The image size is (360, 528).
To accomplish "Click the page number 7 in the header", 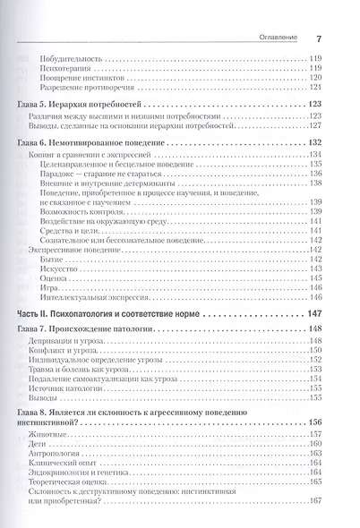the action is (318, 38).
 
